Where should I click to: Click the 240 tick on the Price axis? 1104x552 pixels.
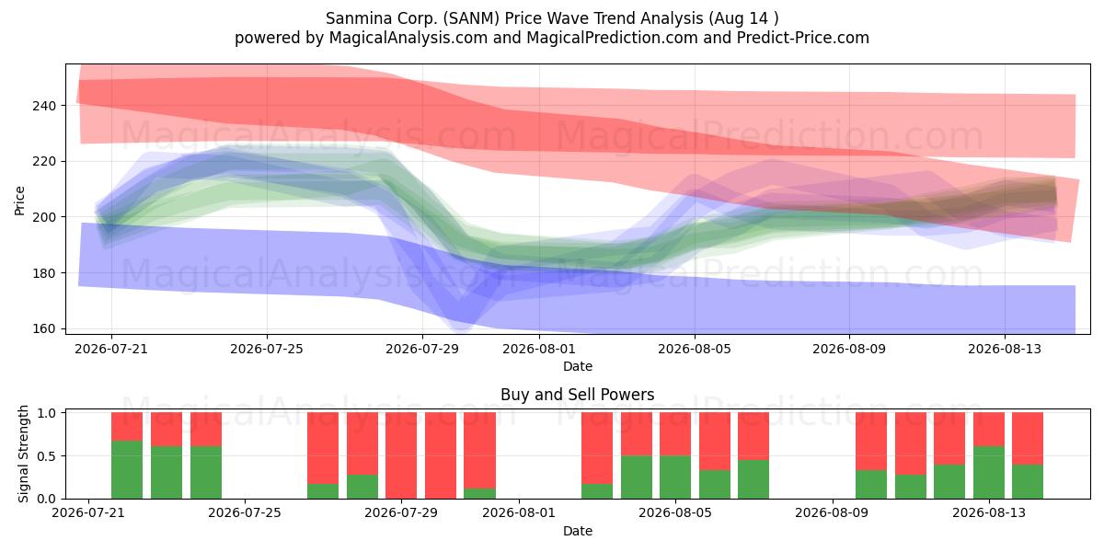[44, 106]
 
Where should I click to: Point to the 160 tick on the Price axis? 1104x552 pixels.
[44, 328]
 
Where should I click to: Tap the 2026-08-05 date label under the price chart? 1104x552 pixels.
[695, 350]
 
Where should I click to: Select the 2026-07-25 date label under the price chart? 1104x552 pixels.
[267, 350]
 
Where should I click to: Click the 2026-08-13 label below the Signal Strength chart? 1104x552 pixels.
[989, 513]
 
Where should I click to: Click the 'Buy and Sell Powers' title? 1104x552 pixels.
[577, 395]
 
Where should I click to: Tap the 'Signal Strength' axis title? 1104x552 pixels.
[23, 454]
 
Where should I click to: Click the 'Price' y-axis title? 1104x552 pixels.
[19, 201]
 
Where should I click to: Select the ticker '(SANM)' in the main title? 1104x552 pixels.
[471, 18]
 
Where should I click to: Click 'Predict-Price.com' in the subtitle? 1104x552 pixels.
[803, 38]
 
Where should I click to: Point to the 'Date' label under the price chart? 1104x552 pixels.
[578, 366]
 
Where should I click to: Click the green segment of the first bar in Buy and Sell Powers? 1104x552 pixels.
[127, 470]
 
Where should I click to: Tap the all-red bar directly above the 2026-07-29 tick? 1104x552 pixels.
[401, 455]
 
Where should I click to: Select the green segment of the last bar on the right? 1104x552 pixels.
[1027, 481]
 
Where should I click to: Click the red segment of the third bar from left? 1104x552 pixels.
[205, 430]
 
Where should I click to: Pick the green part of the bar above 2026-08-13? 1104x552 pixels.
[989, 473]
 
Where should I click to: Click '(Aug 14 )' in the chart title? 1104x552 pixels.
[743, 18]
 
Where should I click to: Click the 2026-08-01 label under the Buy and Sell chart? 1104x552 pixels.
[519, 513]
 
